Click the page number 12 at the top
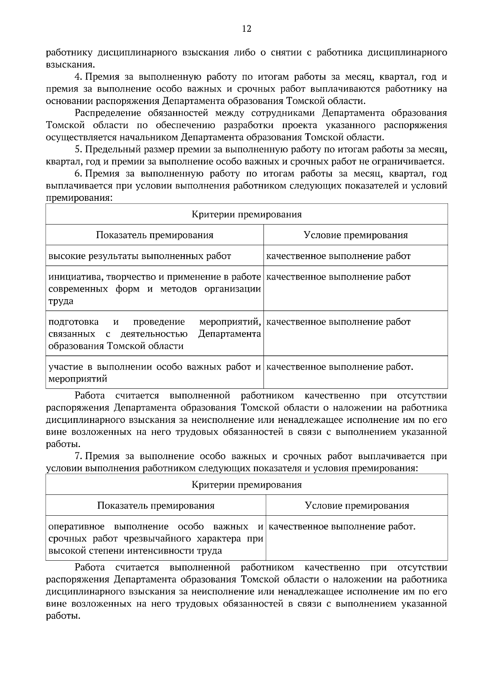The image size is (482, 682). tap(246, 29)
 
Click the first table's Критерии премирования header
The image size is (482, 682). tap(246, 214)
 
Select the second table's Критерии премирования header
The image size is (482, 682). tap(246, 485)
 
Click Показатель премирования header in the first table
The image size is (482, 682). tap(155, 235)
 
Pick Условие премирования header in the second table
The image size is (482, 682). tap(357, 506)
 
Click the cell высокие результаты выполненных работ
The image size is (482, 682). tap(140, 256)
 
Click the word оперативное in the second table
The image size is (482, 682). tap(76, 526)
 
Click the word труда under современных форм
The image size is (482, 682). tap(61, 301)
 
